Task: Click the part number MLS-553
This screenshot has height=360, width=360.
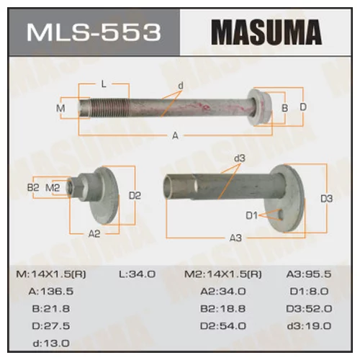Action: click(x=94, y=32)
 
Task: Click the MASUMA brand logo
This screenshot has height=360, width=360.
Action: click(x=266, y=32)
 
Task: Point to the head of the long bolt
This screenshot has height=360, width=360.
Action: click(x=260, y=107)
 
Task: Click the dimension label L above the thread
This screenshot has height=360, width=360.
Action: click(x=104, y=84)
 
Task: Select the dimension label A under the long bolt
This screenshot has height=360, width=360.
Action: click(x=176, y=136)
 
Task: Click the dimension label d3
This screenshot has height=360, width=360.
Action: click(x=240, y=158)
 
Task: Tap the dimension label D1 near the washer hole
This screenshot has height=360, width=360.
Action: click(x=251, y=215)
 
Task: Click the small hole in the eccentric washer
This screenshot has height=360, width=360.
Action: click(x=281, y=215)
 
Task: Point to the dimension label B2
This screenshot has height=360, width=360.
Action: click(x=33, y=187)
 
